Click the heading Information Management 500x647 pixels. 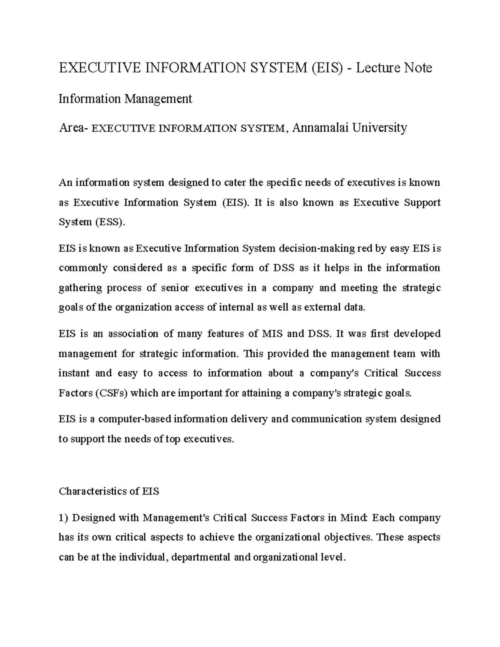(125, 99)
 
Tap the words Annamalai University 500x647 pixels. (350, 128)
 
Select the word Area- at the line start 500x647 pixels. (73, 128)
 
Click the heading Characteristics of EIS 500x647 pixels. (109, 491)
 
